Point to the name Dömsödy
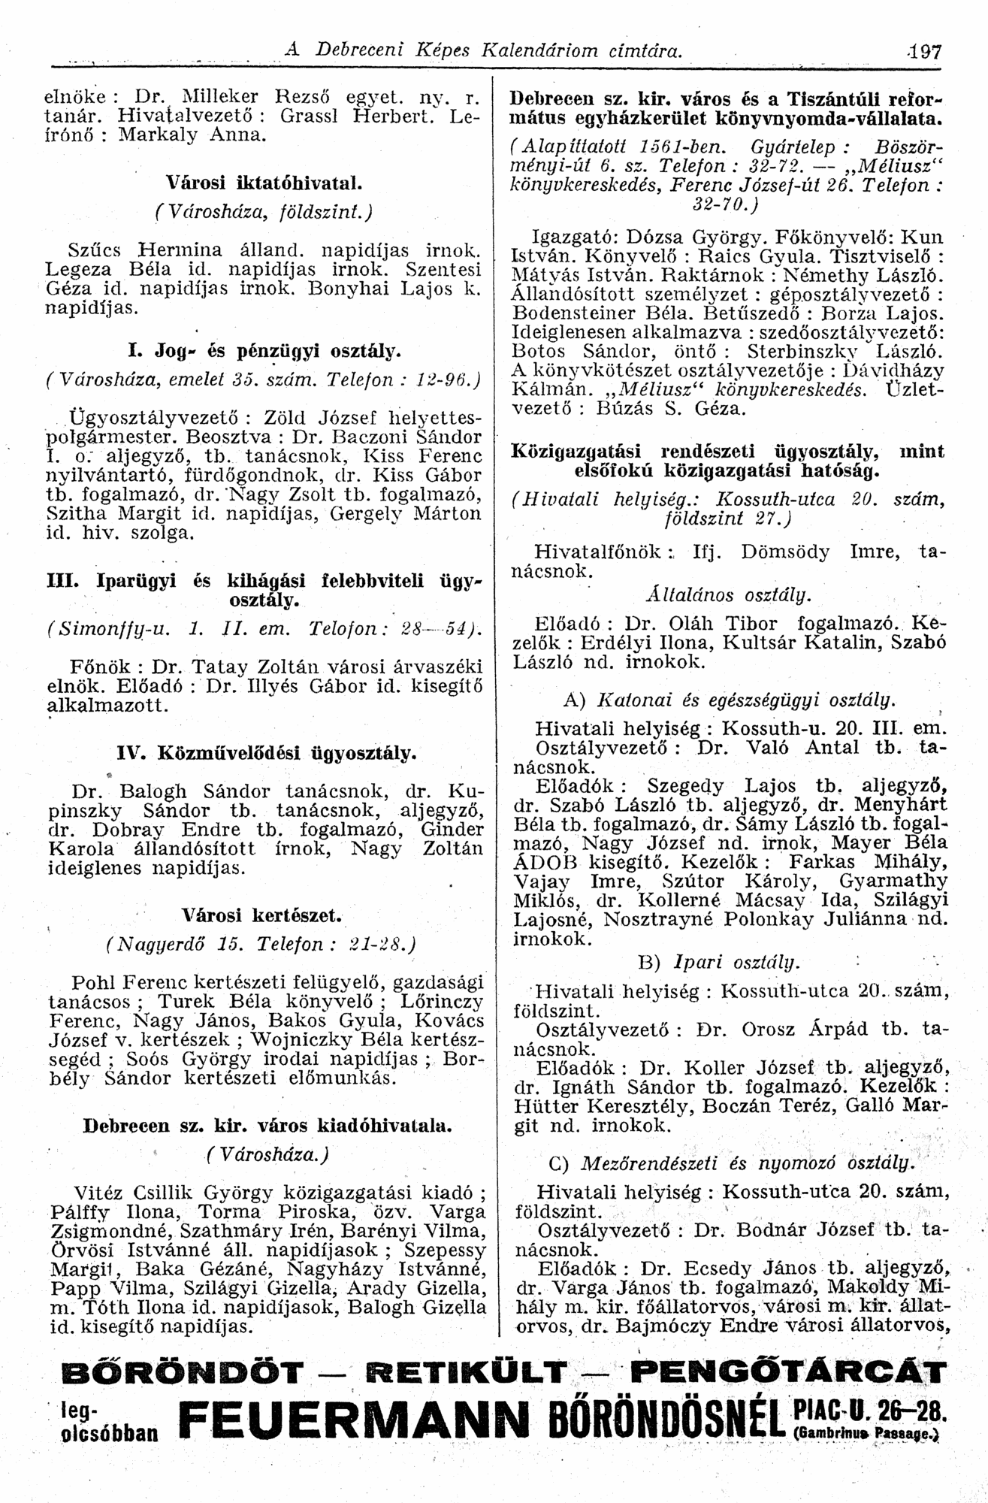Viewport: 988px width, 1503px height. coord(785,552)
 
